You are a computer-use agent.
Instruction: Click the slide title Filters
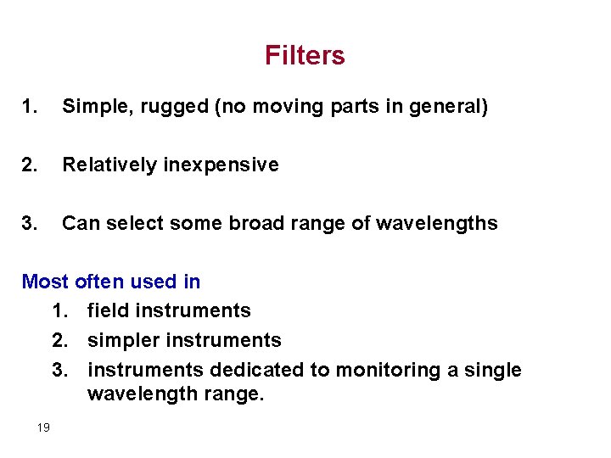pyautogui.click(x=305, y=56)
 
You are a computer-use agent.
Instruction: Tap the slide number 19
pyautogui.click(x=43, y=427)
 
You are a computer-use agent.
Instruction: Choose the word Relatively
pyautogui.click(x=108, y=165)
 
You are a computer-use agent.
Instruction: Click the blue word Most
pyautogui.click(x=45, y=281)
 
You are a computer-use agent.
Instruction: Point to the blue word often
pyautogui.click(x=99, y=281)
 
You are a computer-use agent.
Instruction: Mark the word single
pyautogui.click(x=496, y=370)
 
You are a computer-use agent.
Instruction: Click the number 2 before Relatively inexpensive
pyautogui.click(x=29, y=165)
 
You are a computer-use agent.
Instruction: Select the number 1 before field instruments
pyautogui.click(x=59, y=310)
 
